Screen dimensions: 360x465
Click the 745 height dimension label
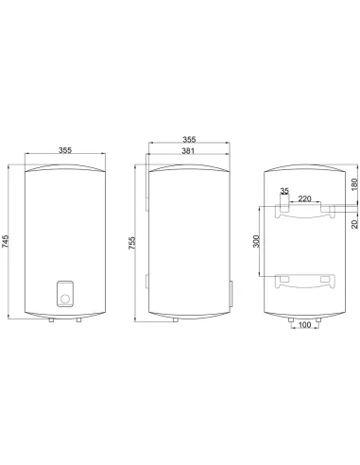click(6, 241)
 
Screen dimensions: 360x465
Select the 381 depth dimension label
click(188, 151)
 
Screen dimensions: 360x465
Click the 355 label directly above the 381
click(189, 139)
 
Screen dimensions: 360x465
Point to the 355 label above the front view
click(65, 150)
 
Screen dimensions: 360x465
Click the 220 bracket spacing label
click(304, 198)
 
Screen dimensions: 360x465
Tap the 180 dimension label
click(354, 184)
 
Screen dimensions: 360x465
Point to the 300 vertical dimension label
click(256, 241)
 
